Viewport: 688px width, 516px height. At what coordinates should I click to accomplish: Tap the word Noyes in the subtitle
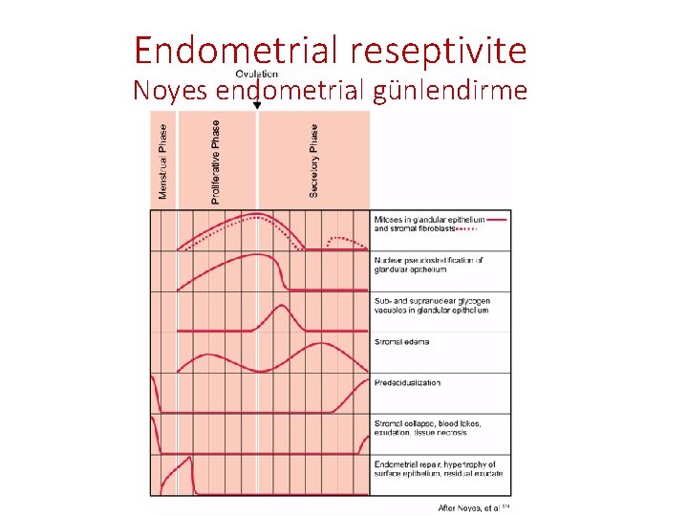172,91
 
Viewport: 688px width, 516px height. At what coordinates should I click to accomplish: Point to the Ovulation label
257,73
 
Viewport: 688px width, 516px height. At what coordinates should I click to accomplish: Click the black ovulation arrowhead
257,105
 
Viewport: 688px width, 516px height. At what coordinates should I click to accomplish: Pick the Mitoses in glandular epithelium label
430,219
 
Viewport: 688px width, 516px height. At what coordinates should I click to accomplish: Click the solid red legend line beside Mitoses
497,219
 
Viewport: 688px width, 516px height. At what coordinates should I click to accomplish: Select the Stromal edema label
402,341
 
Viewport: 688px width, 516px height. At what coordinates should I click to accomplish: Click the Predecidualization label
408,382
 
